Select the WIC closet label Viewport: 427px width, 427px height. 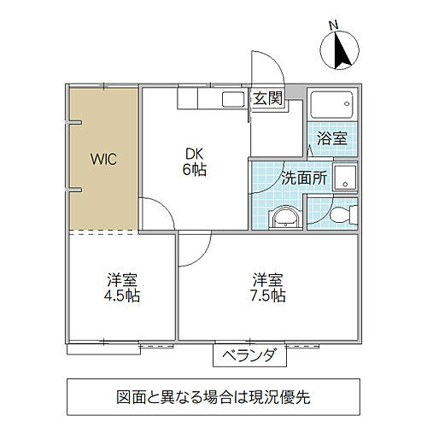pyautogui.click(x=104, y=159)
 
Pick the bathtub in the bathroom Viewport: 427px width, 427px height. pyautogui.click(x=331, y=106)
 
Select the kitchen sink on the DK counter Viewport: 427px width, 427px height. pyautogui.click(x=231, y=99)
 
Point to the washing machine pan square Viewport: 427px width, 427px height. pyautogui.click(x=346, y=179)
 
